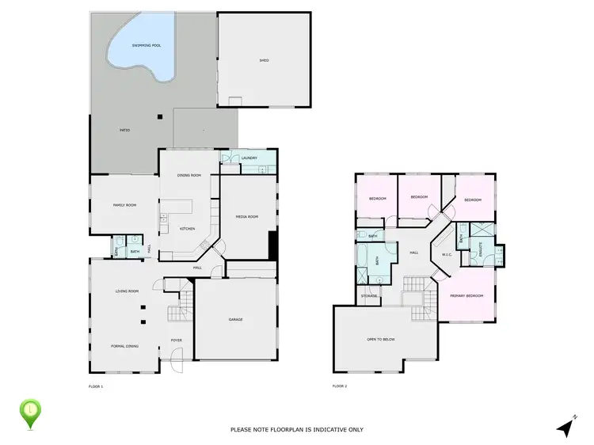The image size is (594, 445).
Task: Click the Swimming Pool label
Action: coord(147,45)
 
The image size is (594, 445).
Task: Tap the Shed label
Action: coord(265,60)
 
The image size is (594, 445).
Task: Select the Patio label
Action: coord(124,130)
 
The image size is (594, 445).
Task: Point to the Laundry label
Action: coord(249,158)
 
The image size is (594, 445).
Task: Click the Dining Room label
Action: coord(188,175)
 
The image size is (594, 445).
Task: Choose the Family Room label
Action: coord(124,205)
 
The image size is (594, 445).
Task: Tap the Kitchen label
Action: coord(187,229)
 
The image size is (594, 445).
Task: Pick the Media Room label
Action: coord(247,217)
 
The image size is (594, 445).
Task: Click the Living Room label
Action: coord(128,291)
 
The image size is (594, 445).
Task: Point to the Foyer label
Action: coord(177,341)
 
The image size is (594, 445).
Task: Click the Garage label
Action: coord(235,320)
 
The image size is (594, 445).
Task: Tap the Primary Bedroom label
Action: coord(466,295)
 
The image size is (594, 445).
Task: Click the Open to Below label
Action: coord(381,339)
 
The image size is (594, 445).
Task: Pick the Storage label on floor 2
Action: coord(369,295)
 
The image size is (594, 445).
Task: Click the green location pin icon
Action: coord(30,413)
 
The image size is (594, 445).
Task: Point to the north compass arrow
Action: coord(565,428)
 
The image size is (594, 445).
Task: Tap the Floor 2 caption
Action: coord(340,386)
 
